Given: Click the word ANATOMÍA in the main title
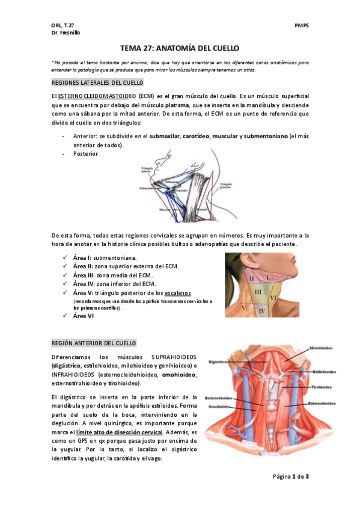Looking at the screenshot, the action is pos(174,48).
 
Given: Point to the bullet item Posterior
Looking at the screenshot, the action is pos(85,154).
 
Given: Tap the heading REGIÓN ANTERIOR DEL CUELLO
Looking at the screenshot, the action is pos(94,343).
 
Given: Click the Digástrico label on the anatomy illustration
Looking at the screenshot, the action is pos(217,362).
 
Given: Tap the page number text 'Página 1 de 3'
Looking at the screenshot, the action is pos(290,477).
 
